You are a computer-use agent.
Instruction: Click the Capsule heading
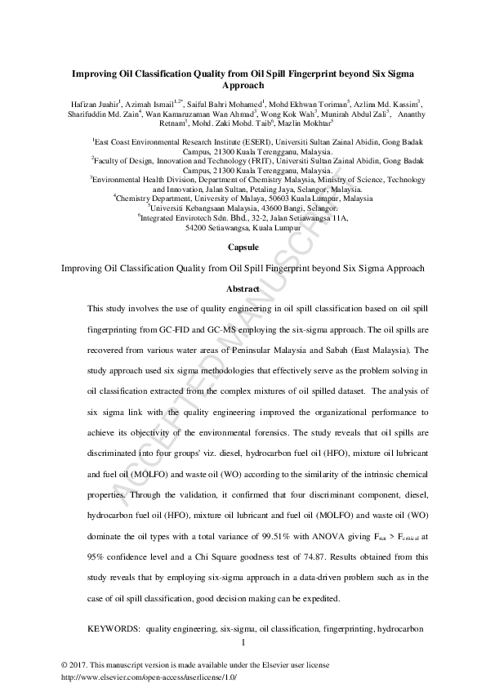click(x=243, y=246)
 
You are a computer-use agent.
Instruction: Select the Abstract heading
click(x=243, y=288)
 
